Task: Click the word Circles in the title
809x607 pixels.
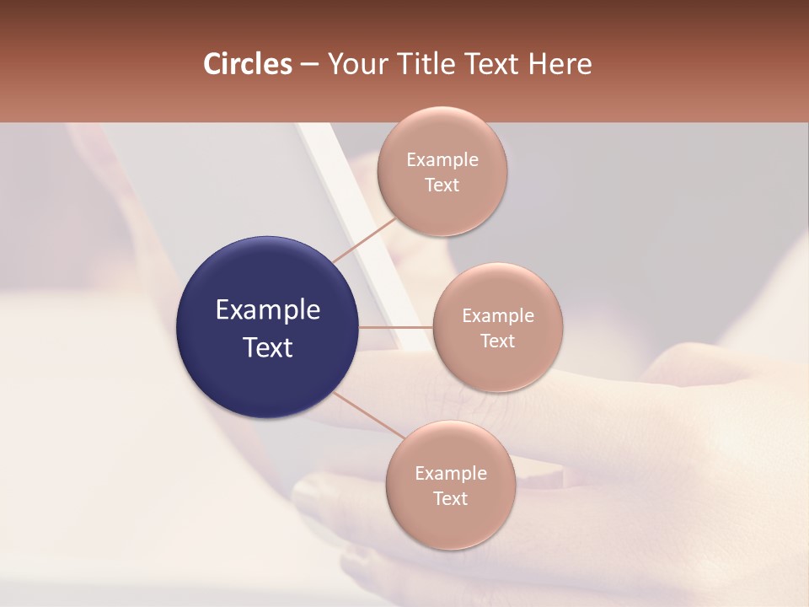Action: point(248,64)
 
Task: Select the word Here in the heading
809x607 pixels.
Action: point(560,64)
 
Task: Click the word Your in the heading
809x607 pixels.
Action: point(356,64)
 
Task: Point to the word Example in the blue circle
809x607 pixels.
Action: point(268,310)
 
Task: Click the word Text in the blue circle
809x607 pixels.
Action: point(268,347)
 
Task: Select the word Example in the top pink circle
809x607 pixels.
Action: point(442,160)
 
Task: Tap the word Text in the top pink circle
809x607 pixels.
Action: point(442,185)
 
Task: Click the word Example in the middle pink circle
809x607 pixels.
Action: point(498,316)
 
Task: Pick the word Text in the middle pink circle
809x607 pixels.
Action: point(498,341)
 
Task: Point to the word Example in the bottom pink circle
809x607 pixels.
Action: point(451,474)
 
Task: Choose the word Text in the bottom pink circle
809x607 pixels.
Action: point(451,498)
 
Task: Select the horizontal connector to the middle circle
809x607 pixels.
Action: point(396,327)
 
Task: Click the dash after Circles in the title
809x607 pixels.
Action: point(309,65)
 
